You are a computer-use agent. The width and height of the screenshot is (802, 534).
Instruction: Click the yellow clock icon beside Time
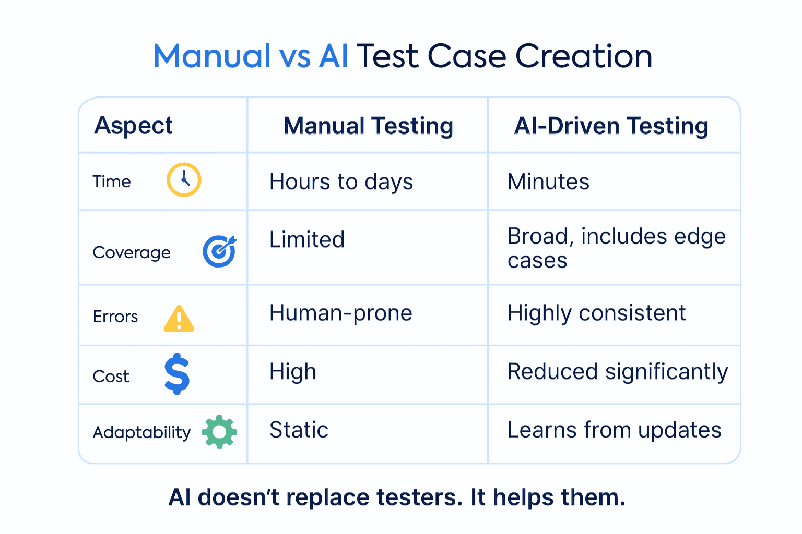(184, 180)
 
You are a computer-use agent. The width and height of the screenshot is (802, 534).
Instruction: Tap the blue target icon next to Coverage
(219, 251)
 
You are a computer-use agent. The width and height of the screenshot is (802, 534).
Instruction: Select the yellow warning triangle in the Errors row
(179, 319)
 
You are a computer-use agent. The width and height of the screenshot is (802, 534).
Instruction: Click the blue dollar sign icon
(177, 373)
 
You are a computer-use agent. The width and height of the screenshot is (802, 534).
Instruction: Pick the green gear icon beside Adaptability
(219, 432)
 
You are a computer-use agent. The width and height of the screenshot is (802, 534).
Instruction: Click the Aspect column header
(133, 126)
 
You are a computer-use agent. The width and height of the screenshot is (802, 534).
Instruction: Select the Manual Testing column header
(368, 126)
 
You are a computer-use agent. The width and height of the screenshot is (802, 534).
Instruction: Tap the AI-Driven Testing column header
(611, 126)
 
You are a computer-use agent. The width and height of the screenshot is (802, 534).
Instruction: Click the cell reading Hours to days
(341, 182)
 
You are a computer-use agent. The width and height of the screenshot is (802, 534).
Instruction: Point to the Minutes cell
(548, 182)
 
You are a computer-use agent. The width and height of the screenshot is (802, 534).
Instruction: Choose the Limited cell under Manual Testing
(307, 240)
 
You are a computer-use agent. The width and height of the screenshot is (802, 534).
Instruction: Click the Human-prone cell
(341, 313)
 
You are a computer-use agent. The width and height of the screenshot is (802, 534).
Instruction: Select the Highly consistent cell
(596, 313)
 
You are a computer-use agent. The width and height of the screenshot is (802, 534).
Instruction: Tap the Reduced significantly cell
(618, 372)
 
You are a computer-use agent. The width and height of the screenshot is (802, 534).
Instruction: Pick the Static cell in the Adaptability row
(299, 430)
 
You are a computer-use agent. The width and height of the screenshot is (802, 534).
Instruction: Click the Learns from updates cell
(614, 430)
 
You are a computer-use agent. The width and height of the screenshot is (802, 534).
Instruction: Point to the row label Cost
(111, 377)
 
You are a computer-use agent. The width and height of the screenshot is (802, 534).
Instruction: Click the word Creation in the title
(584, 56)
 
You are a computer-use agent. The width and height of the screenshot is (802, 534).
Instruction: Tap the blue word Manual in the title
(211, 56)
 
